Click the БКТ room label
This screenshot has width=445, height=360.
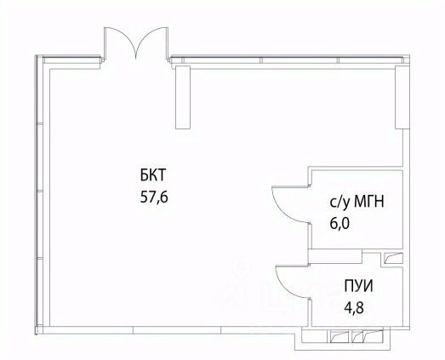click(152, 174)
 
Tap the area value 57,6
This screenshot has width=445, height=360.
click(154, 197)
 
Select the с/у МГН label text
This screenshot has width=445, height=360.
click(357, 203)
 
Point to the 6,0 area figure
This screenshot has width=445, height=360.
click(339, 224)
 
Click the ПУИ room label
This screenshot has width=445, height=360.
click(358, 286)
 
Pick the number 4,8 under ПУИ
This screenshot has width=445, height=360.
click(354, 307)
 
